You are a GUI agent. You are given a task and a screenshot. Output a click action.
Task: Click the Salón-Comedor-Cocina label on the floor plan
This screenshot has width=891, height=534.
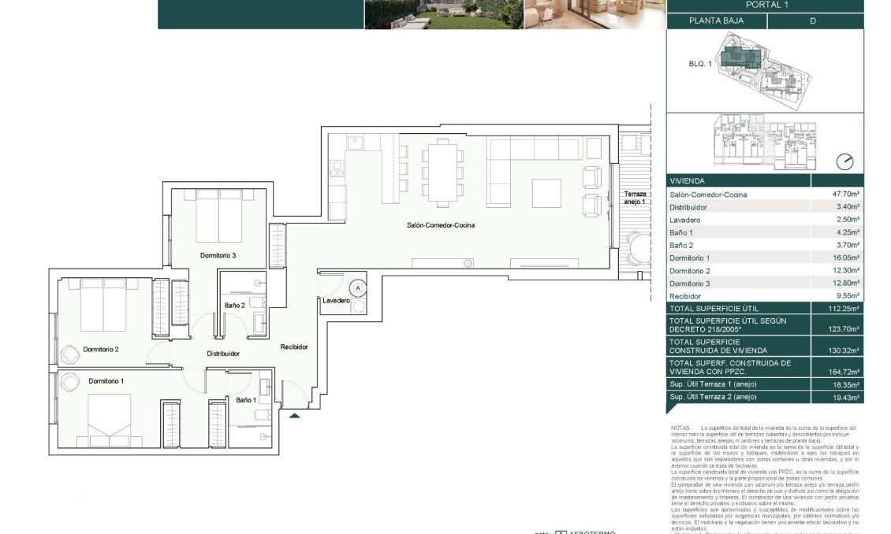coord(441,225)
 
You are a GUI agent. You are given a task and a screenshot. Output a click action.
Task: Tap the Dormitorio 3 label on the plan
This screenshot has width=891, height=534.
coord(218,255)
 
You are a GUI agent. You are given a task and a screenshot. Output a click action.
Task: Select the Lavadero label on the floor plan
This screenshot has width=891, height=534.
coord(335,300)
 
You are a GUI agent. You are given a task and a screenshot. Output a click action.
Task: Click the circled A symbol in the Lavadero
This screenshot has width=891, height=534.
coord(359,289)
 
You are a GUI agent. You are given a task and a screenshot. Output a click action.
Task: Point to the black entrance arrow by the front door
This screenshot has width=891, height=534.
coord(294,416)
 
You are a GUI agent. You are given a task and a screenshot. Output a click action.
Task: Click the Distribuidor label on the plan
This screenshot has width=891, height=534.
coord(223,354)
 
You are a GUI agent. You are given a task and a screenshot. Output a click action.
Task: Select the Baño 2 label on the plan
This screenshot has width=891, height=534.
coord(234,305)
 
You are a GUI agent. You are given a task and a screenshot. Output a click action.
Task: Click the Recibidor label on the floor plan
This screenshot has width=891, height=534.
coord(293,347)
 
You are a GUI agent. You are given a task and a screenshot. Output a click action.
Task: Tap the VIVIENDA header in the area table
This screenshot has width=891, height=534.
coord(687,180)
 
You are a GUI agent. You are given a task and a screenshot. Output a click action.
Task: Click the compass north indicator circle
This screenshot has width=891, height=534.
coord(844,162)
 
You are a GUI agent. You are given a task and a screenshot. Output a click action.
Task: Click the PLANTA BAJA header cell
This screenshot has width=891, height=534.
coord(716,21)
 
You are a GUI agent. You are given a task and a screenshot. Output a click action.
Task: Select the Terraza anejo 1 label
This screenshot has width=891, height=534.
coord(635,198)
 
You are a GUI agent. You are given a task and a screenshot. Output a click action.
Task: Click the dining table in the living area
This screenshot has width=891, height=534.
coord(442,172)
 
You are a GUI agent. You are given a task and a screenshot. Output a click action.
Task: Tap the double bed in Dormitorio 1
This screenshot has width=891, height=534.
coord(109,418)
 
